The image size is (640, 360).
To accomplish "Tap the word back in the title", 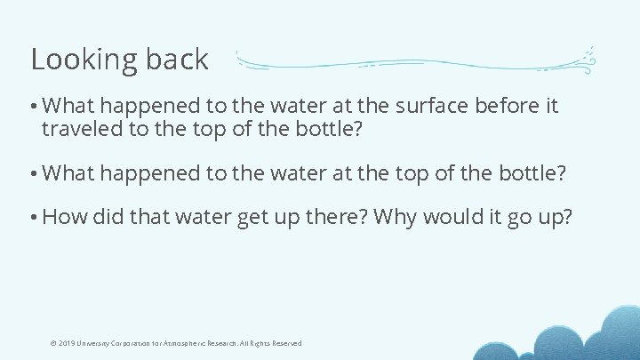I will [x=179, y=59].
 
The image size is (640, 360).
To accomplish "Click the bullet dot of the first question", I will [x=33, y=108].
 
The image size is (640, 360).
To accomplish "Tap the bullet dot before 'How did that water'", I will [x=33, y=217].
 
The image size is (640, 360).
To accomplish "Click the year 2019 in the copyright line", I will [x=67, y=343].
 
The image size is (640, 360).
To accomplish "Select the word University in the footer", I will [x=96, y=343].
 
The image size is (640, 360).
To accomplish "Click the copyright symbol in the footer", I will [x=53, y=343].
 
